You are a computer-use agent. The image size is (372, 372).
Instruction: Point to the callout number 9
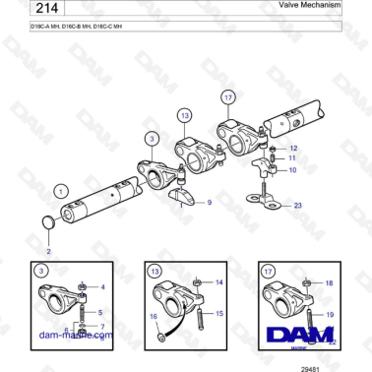(x=208, y=203)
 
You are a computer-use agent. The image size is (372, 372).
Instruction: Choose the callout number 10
(x=291, y=170)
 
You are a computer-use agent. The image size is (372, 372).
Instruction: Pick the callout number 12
(x=291, y=148)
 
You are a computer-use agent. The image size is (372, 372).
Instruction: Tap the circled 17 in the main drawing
(x=227, y=98)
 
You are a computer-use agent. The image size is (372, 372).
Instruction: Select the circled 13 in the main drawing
(x=184, y=116)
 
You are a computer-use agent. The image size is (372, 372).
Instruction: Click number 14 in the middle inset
(x=218, y=282)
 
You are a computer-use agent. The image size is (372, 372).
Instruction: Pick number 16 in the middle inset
(x=154, y=317)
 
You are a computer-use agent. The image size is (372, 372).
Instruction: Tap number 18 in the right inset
(x=330, y=282)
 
